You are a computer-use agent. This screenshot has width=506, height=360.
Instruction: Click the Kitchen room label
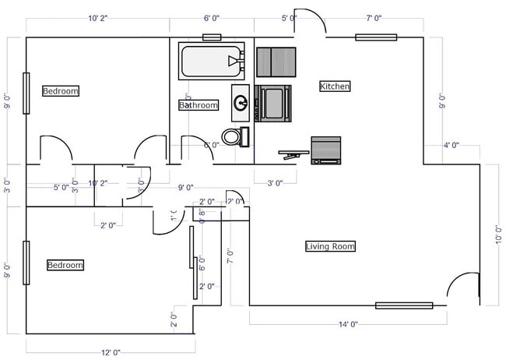pos(335,86)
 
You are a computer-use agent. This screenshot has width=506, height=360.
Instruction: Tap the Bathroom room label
pos(198,105)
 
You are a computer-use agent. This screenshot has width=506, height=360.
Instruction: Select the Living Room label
pos(330,247)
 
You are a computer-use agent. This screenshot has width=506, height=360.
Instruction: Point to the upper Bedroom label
pos(61,91)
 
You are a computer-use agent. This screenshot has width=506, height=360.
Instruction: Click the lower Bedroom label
pos(65,265)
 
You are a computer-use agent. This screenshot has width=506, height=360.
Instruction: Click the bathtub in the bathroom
pos(211,60)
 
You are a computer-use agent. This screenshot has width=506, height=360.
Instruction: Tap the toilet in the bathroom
pos(232,137)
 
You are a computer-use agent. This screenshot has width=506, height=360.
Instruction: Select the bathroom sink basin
pos(241,102)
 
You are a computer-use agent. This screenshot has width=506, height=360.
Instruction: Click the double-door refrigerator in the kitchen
pos(276,62)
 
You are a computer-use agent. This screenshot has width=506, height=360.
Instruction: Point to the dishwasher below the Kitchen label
pos(326,150)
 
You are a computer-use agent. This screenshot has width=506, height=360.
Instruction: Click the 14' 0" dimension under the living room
pos(348,324)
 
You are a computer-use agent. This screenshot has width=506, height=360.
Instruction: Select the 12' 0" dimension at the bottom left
pos(111,352)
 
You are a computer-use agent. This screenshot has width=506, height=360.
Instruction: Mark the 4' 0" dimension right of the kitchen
pos(451,145)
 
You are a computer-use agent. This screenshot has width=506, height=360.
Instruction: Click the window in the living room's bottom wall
pos(404,305)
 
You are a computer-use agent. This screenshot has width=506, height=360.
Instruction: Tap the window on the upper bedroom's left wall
pos(26,94)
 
